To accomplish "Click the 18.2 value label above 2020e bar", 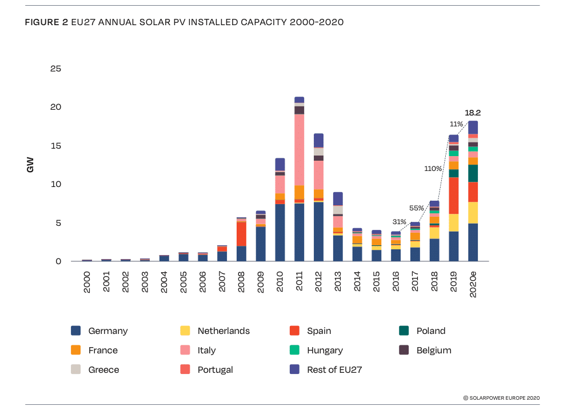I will pos(472,113).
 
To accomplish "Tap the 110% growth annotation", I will pos(433,169).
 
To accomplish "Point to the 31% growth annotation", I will pos(399,222).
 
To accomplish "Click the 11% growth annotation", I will pos(456,124).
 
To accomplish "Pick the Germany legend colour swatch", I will pos(75,331).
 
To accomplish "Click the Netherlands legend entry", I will pos(223,331).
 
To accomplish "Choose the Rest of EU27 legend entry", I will pos(334,369).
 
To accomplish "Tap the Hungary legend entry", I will pos(325,350).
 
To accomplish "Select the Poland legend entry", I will pos(430,331).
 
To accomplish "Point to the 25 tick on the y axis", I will pos(56,69).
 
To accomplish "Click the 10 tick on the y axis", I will pos(56,185).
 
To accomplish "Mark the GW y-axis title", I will pos(30,165).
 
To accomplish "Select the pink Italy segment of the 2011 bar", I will pos(299,149).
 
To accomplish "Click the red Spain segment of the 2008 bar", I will pos(241,234).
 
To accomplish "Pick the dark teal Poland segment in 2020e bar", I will pos(473,173).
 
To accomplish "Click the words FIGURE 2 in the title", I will pos(46,22).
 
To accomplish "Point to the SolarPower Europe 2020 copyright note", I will pos(501,397).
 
